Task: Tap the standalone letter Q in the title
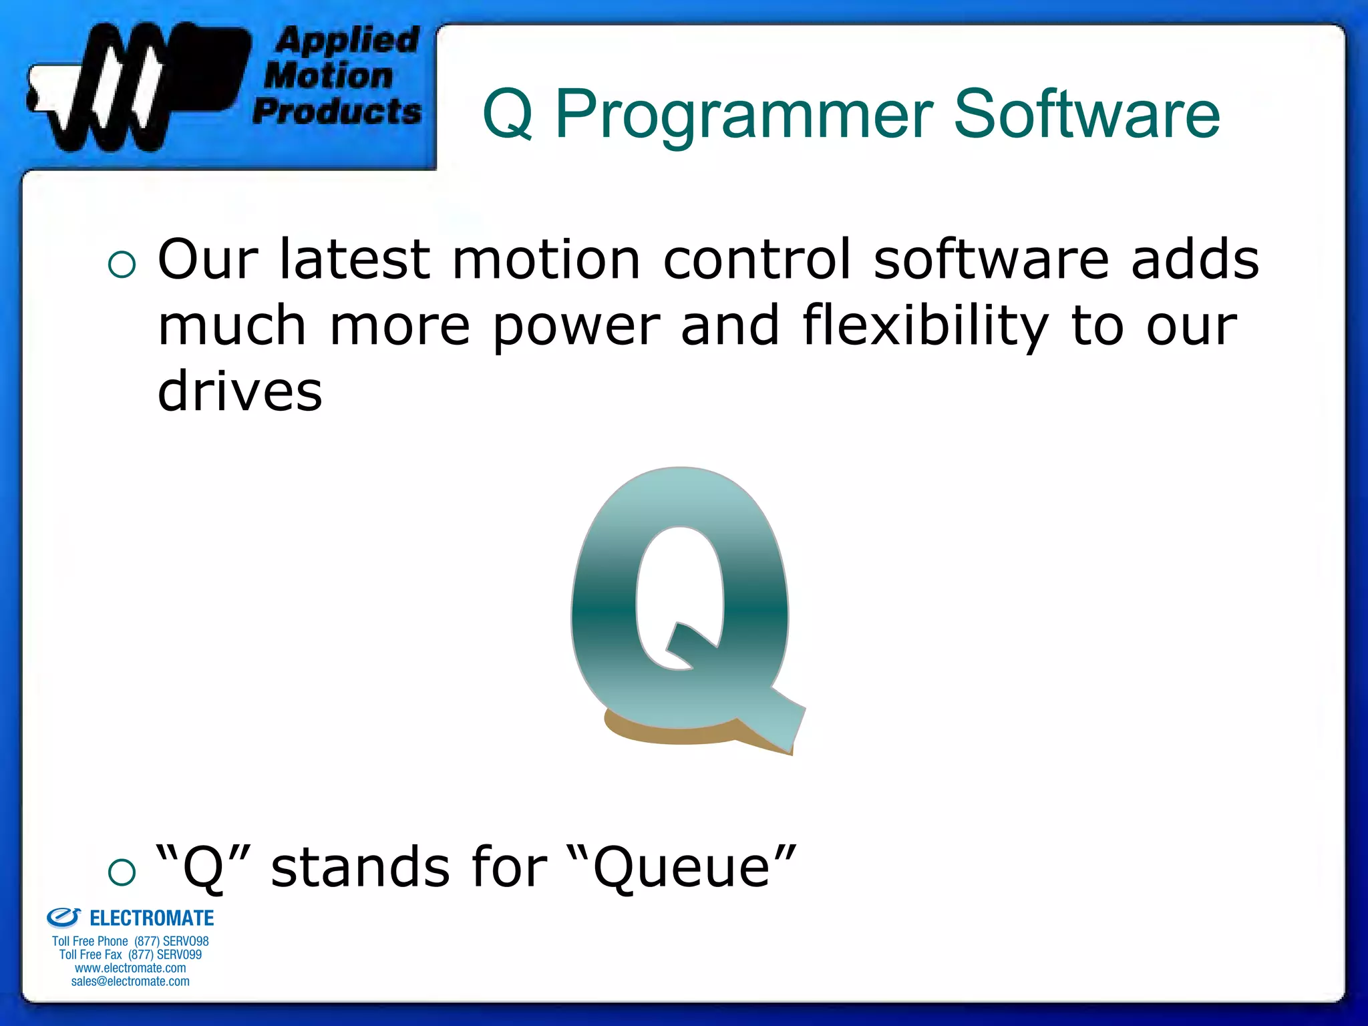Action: (508, 115)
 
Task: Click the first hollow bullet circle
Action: (122, 265)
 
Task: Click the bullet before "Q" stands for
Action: (122, 872)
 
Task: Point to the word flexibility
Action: (924, 326)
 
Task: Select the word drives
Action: (240, 391)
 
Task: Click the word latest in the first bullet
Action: (355, 259)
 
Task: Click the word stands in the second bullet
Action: (361, 867)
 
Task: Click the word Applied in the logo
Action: (347, 40)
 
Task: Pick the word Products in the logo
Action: (337, 111)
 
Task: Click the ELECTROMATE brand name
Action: (152, 918)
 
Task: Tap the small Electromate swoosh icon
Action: (63, 918)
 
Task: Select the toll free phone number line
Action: (130, 941)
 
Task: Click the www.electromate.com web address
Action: (130, 968)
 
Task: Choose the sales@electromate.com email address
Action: (130, 981)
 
